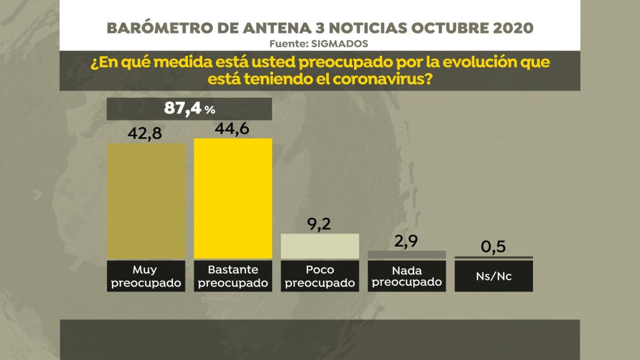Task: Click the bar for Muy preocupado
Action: click(x=146, y=201)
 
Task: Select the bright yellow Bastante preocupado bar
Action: click(x=233, y=198)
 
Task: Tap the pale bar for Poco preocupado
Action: click(x=320, y=246)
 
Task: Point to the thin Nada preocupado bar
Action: click(x=407, y=255)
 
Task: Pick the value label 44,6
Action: click(x=233, y=128)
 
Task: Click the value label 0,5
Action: click(x=493, y=247)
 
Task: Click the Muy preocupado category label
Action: click(x=146, y=276)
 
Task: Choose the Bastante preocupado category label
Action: click(x=233, y=276)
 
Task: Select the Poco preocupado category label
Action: click(x=320, y=276)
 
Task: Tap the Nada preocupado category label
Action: click(x=407, y=276)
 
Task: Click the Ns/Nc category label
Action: click(x=494, y=276)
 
